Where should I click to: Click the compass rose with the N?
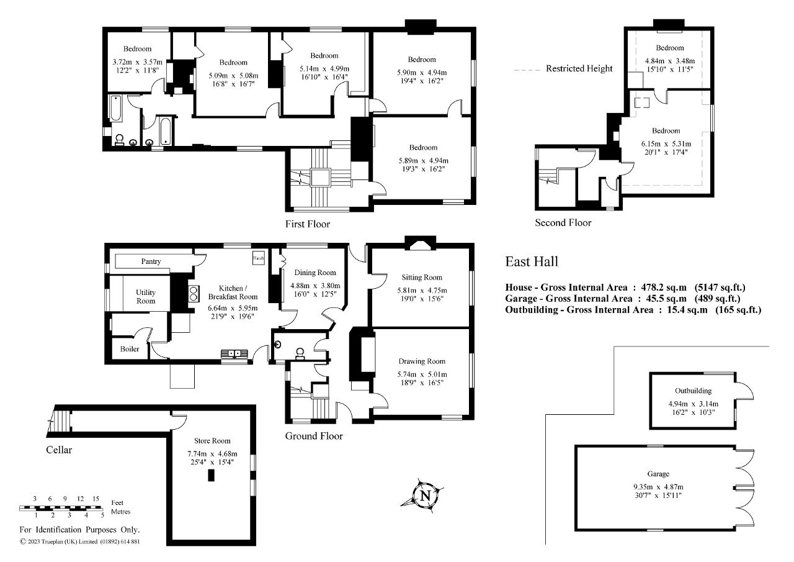point(426,496)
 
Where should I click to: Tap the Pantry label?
point(151,261)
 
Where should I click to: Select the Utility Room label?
point(146,296)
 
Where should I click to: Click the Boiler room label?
point(130,349)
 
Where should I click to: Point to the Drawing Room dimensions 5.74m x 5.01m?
point(422,374)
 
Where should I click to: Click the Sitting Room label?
point(422,277)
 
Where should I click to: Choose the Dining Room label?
point(315,273)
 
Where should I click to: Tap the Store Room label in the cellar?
point(212,440)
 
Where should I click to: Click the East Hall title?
point(532,261)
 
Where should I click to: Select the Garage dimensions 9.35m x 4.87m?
point(656,486)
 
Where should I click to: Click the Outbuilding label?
point(693,391)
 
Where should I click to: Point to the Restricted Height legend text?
point(579,68)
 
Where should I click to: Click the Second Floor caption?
point(563,222)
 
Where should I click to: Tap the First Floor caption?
point(308,224)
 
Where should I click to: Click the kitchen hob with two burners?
point(193,292)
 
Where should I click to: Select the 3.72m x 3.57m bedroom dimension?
point(137,62)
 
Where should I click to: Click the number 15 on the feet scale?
point(96,499)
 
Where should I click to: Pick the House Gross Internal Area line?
point(625,288)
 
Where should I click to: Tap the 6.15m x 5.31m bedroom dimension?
point(666,143)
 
